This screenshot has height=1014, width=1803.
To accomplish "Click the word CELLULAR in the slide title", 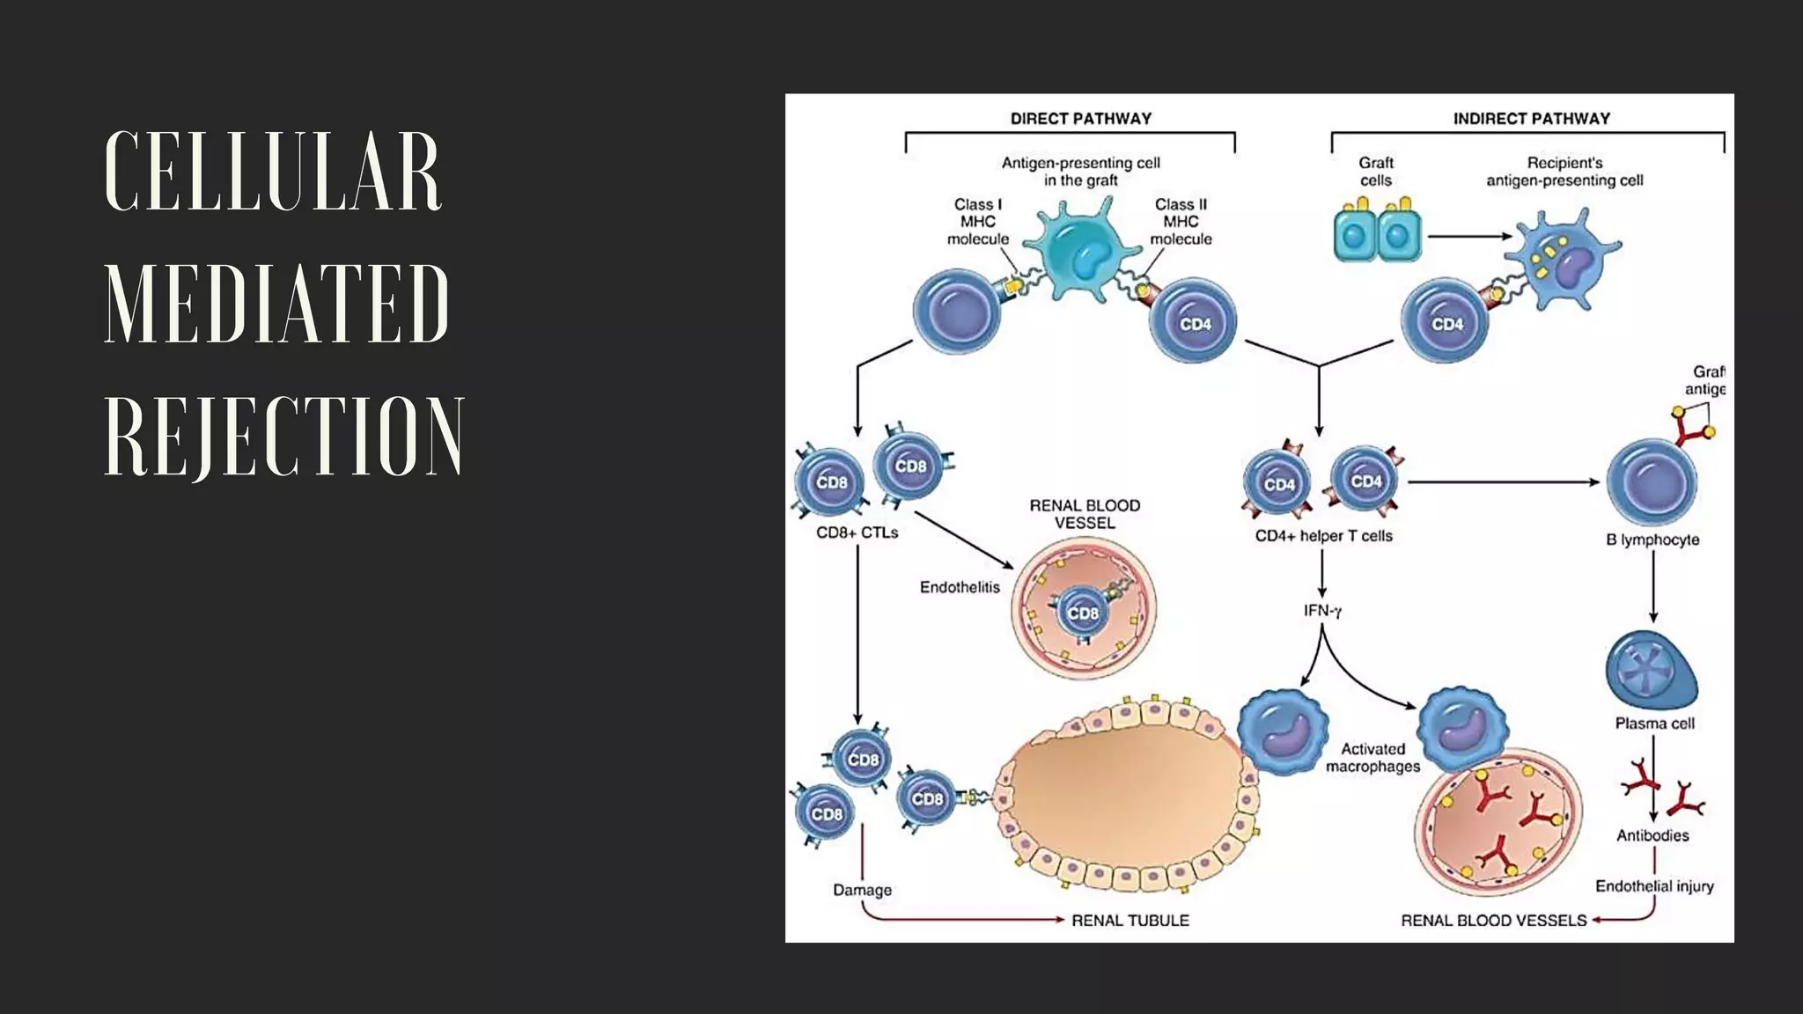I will coord(273,172).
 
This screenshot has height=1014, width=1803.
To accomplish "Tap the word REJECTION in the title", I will coord(283,437).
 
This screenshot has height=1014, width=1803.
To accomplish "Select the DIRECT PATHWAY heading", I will coord(1080,119).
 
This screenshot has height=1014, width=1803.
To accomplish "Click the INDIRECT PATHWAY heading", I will coord(1531,119).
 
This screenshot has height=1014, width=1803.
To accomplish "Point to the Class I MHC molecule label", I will coord(977,222).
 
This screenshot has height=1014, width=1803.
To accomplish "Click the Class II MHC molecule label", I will coord(1181,222).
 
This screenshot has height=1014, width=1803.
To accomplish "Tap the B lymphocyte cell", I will coord(1652,482).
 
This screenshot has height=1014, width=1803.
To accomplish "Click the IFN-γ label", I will coord(1322,610).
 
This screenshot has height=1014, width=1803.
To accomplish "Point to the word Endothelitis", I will coord(960,587).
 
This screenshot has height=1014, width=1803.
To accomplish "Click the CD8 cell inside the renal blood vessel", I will coord(1082,613).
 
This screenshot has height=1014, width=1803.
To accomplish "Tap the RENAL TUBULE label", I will coord(1130,920).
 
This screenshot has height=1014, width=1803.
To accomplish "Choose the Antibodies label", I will coord(1652,835).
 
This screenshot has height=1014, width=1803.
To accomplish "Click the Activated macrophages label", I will coord(1372,758).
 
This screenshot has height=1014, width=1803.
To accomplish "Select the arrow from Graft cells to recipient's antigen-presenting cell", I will coord(1468,236).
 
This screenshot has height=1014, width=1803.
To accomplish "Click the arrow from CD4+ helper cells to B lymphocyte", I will coord(1502,482).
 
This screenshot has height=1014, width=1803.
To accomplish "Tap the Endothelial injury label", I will coord(1654,886).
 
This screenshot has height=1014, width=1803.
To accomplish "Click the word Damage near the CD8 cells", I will coord(862,890).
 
